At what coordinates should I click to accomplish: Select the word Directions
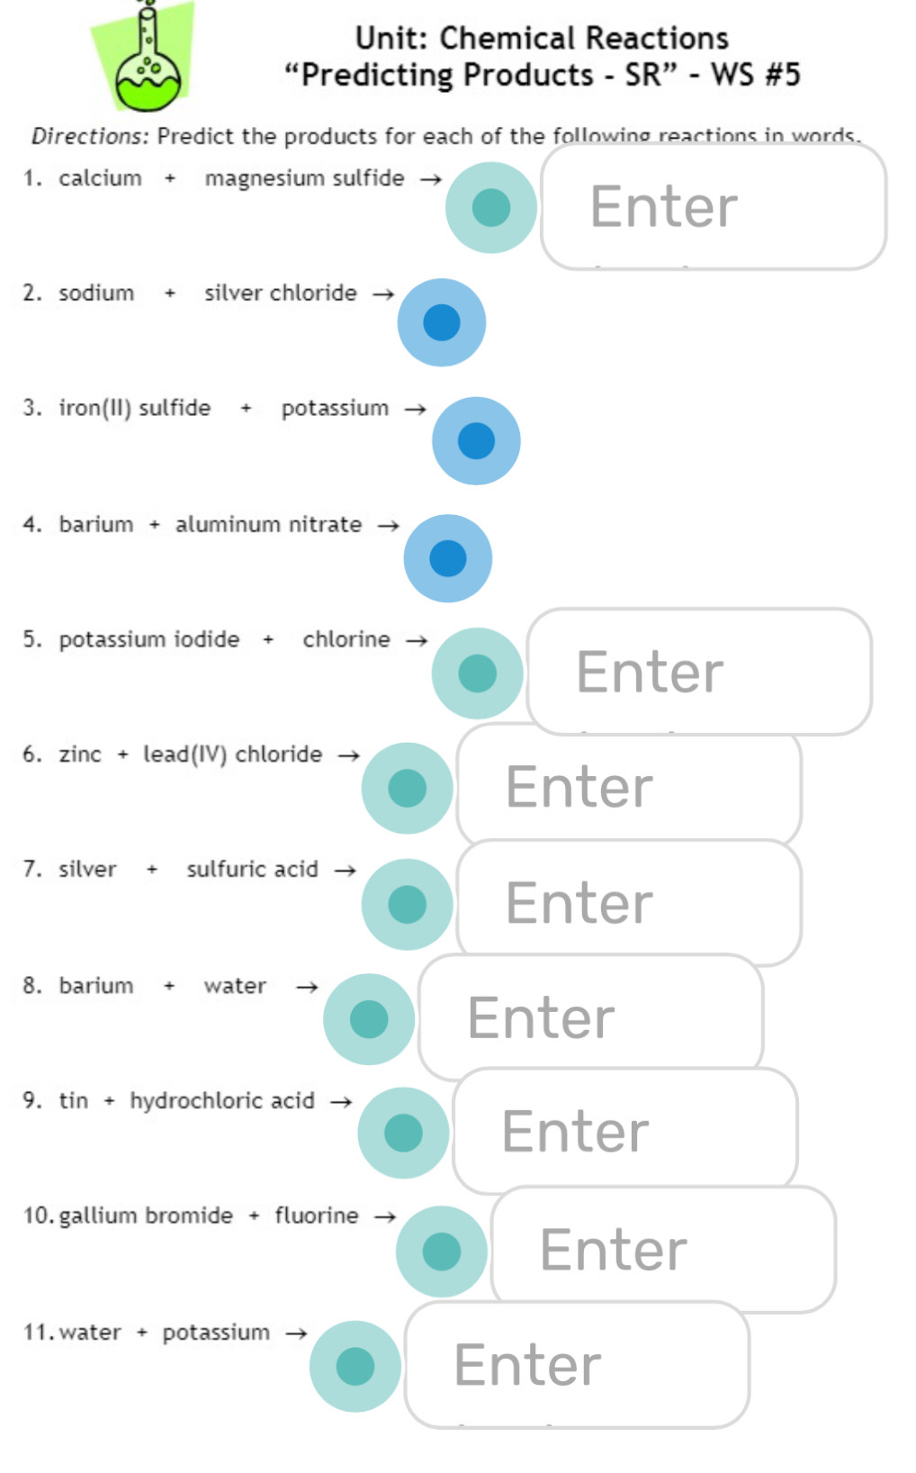(x=89, y=136)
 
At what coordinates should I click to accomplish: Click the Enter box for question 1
(x=713, y=207)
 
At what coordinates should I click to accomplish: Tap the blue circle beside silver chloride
(x=441, y=322)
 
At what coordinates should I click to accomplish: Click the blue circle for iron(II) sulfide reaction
(x=476, y=441)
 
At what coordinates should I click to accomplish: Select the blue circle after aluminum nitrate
(x=447, y=558)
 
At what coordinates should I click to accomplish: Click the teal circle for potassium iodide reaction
(x=477, y=673)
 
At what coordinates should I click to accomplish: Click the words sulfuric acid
(x=252, y=869)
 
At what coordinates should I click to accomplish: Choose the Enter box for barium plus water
(x=590, y=1017)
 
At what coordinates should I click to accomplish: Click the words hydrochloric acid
(x=222, y=1100)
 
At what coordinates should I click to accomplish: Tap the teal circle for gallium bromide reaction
(x=441, y=1252)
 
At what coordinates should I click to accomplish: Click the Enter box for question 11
(x=576, y=1364)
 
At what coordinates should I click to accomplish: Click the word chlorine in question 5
(x=346, y=639)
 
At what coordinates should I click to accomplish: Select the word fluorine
(x=316, y=1215)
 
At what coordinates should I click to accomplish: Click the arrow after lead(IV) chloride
(x=348, y=755)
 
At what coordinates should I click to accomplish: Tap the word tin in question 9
(x=74, y=1100)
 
